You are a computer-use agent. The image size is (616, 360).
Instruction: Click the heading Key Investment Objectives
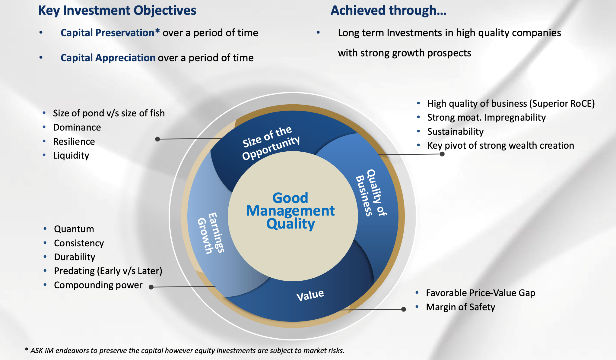tap(117, 11)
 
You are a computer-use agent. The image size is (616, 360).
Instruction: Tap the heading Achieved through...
tap(388, 11)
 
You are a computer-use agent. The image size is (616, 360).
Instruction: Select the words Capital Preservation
tap(108, 33)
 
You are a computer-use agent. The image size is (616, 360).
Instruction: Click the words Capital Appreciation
tap(108, 58)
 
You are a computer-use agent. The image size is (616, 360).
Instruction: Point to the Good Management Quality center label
tap(291, 211)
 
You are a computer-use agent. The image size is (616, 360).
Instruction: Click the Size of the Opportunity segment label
tap(271, 143)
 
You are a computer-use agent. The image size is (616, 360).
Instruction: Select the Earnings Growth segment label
tap(211, 233)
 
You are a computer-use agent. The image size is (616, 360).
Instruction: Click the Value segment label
tap(310, 295)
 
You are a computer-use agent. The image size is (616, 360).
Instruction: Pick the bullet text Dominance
tap(77, 127)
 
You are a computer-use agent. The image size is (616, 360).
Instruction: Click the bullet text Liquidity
tap(71, 156)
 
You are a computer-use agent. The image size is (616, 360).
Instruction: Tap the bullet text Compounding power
tap(98, 285)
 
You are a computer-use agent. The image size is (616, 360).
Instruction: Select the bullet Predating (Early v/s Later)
tap(108, 271)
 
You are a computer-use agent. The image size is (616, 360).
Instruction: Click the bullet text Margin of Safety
tap(460, 307)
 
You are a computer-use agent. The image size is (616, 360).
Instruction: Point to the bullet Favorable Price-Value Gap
tap(481, 293)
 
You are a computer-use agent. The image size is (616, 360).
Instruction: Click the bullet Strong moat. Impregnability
tap(487, 117)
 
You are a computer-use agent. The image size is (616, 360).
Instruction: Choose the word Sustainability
tap(456, 131)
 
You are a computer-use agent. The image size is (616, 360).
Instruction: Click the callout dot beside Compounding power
tap(151, 287)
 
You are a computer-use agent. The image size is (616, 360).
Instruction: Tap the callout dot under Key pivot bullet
tap(442, 154)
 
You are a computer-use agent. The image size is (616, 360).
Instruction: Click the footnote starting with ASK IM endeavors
tap(185, 351)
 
